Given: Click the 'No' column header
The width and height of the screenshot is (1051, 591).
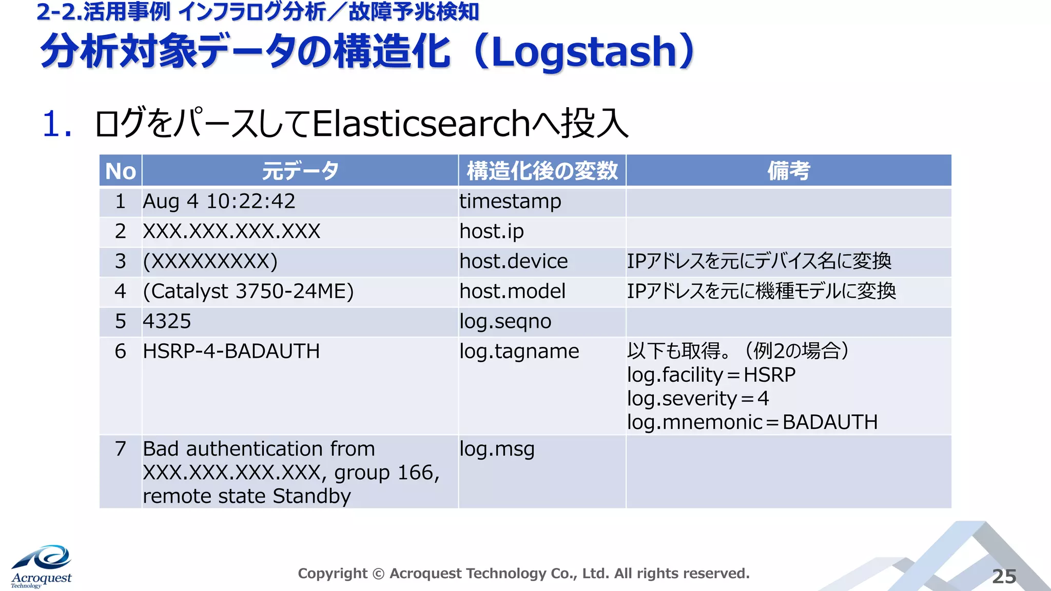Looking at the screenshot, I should (120, 171).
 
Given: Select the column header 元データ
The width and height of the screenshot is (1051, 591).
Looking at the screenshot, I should (300, 171).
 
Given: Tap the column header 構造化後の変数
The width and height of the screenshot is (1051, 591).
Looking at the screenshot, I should (542, 171).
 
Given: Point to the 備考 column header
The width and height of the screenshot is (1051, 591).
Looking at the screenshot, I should (788, 171).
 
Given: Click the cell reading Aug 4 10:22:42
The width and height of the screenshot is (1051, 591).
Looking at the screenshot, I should (219, 202).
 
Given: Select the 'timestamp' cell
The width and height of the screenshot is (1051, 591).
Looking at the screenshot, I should (510, 202).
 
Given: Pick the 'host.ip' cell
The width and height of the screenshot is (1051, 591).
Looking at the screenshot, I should (492, 231).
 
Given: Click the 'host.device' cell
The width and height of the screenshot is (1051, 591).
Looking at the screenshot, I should (514, 262).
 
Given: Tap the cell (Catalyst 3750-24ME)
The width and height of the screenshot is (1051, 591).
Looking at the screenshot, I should (248, 291).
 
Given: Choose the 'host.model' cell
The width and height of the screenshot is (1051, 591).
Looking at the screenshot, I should (512, 291).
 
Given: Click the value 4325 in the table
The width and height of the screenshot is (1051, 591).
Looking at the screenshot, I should (167, 322).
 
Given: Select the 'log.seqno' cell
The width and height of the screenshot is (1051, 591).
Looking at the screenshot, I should (505, 322).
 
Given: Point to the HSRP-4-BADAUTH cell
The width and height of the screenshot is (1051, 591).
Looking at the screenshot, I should (231, 351).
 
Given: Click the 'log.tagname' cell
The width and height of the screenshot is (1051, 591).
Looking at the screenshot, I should (519, 351).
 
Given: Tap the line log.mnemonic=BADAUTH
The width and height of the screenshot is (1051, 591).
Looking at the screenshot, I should (752, 422).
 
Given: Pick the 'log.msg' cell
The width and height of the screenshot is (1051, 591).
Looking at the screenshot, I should (497, 449).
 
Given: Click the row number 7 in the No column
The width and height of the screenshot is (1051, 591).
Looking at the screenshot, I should (120, 449).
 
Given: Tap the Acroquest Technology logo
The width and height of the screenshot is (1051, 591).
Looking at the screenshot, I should (42, 567).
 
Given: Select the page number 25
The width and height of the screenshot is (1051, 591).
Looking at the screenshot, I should (1004, 576).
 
